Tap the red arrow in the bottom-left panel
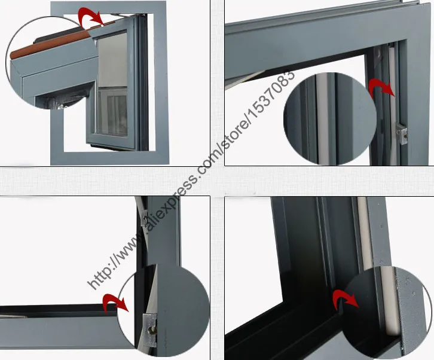coord(115,303)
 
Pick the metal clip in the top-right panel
coord(402,132)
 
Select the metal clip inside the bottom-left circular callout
coord(150,330)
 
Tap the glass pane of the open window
coord(112,84)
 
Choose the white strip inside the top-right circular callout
coord(322,118)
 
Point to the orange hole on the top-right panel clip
coord(405,136)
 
